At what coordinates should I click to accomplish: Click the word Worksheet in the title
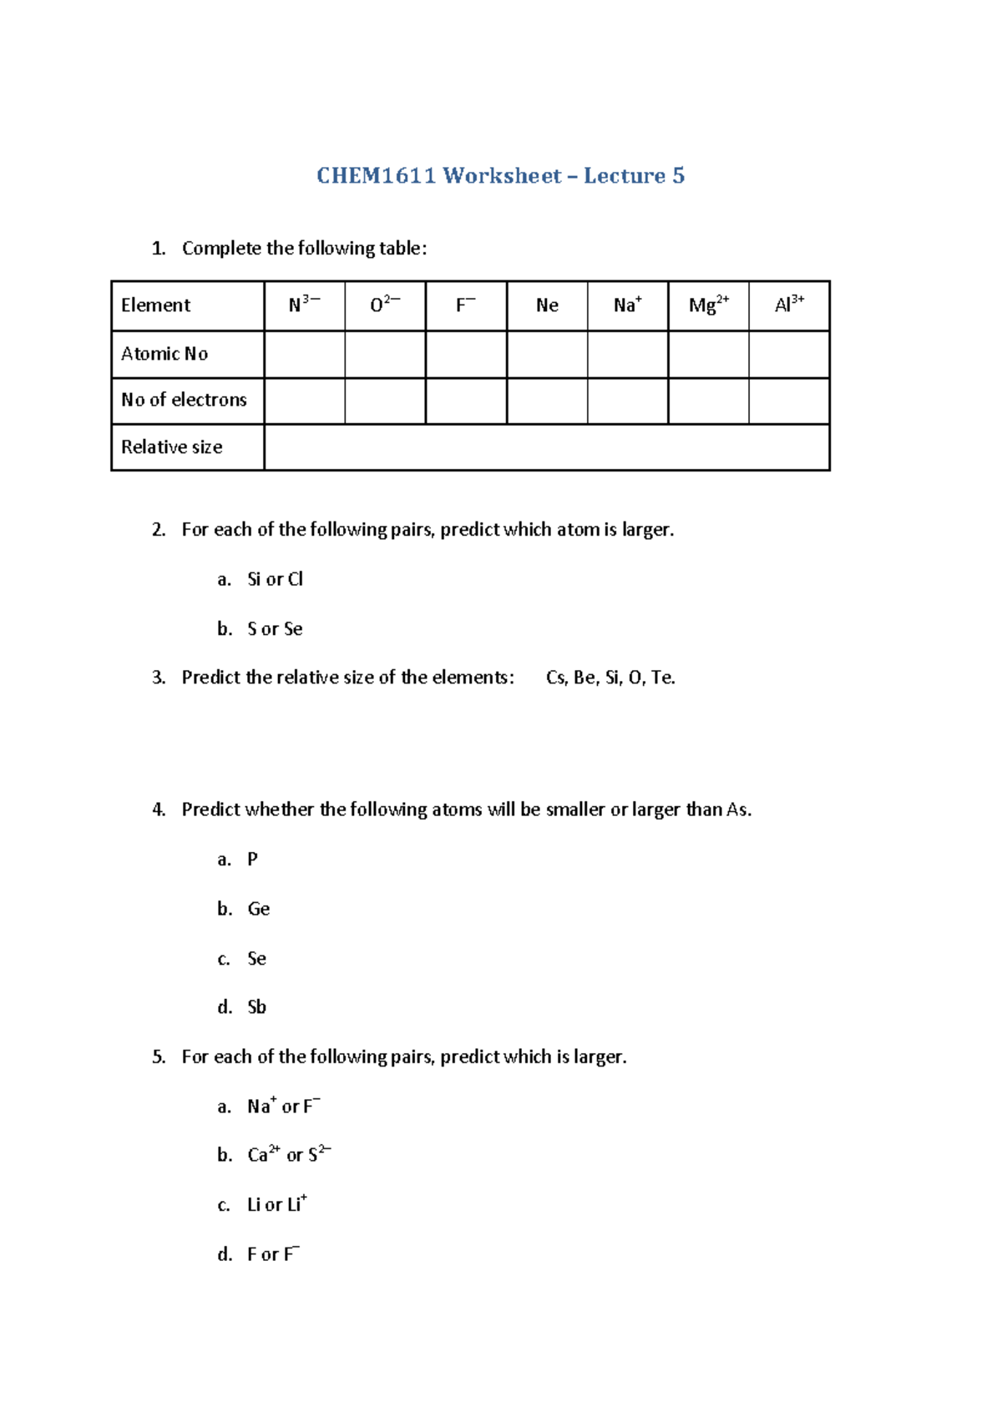click(x=502, y=176)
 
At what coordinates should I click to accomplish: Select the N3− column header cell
click(x=304, y=305)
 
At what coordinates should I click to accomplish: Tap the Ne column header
click(x=547, y=305)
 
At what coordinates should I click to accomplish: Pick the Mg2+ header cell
click(x=708, y=305)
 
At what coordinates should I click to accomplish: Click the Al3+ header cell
click(x=789, y=305)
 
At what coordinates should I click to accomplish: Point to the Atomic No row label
click(x=164, y=354)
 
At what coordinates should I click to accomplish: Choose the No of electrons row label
click(x=184, y=400)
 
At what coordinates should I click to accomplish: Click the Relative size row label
click(x=172, y=447)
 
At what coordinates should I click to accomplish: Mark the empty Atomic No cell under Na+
click(x=627, y=355)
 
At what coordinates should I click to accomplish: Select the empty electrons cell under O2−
click(x=385, y=401)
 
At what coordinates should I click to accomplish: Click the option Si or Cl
click(x=275, y=579)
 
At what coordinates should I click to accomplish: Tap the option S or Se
click(x=275, y=629)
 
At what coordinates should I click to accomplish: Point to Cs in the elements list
click(x=556, y=678)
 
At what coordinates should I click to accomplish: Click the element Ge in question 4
click(x=258, y=909)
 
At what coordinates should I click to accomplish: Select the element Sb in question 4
click(x=256, y=1007)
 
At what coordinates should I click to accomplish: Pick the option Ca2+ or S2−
click(x=289, y=1155)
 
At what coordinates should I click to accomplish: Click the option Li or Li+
click(x=276, y=1204)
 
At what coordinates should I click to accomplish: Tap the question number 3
click(x=159, y=678)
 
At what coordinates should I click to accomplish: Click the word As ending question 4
click(x=738, y=809)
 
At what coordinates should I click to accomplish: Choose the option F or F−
click(x=273, y=1254)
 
